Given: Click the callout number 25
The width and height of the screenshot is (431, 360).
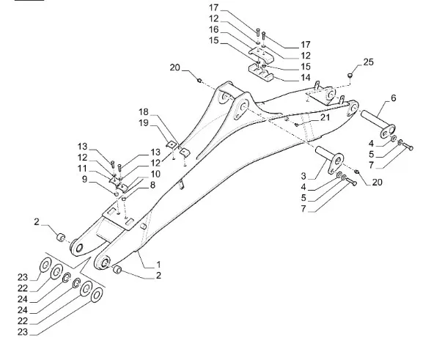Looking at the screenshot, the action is (368, 62).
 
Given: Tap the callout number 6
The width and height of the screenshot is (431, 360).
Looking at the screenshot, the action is (394, 98).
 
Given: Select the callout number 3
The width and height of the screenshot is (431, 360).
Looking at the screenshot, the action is (303, 176).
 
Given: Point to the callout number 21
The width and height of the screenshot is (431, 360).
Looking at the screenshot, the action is (325, 117).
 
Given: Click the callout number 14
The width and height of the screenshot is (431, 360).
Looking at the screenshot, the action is (306, 78).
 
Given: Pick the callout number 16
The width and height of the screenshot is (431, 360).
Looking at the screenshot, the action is (214, 29).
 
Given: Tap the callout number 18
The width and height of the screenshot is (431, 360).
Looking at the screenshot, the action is (143, 112).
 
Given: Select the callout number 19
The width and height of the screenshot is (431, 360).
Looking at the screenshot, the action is (143, 123).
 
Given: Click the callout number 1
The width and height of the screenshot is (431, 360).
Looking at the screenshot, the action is (158, 265).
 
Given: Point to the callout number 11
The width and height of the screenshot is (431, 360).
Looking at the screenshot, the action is (82, 169).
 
